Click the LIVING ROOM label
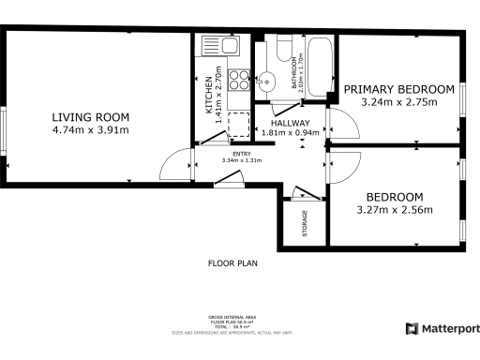click(91, 117)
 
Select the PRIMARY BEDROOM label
click(398, 89)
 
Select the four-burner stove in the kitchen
click(239, 80)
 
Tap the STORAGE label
click(305, 222)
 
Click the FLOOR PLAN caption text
click(232, 263)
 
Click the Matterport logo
click(442, 328)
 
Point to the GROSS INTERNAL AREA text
click(231, 318)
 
